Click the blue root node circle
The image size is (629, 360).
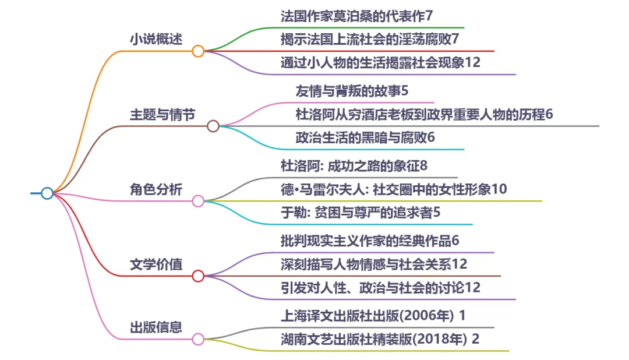coord(47,193)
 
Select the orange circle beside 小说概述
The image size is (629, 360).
coord(198,51)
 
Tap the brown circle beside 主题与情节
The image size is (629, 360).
coord(213,126)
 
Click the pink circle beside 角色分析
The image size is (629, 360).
coord(198,201)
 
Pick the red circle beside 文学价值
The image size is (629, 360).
coord(198,276)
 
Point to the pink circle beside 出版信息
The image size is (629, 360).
coord(198,338)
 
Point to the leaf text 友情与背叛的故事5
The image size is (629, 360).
coord(355,91)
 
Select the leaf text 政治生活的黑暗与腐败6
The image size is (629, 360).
coord(366,138)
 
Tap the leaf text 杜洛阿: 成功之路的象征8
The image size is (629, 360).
coord(354,165)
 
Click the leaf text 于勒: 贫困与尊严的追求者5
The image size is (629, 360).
coord(361,213)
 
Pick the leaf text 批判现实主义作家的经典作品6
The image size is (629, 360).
coord(370,240)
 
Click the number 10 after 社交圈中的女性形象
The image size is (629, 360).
coord(500,189)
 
